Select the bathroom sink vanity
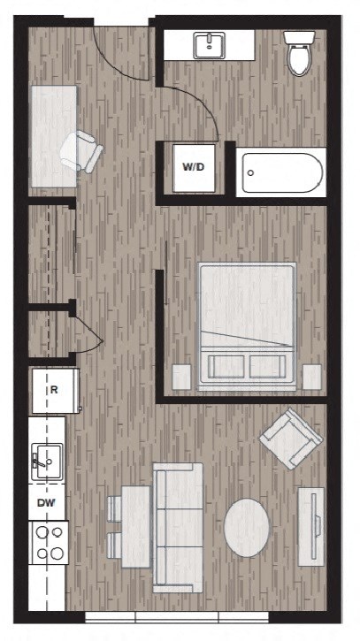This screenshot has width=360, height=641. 210,43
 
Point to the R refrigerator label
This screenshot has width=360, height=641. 54,389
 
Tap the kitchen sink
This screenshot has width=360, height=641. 47,460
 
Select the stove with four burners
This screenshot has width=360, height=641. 50,543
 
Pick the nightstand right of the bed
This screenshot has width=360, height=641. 311,377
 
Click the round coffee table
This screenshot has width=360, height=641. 247,528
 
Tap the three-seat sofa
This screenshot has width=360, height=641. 179,526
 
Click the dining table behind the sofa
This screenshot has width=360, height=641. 135,526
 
